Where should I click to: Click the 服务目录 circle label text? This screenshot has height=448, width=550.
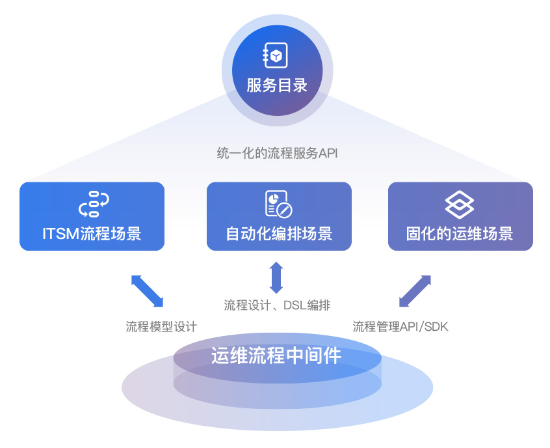click(x=276, y=85)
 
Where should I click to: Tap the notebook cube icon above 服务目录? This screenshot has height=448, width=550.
click(x=276, y=57)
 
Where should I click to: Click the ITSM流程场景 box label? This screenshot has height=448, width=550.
click(x=92, y=233)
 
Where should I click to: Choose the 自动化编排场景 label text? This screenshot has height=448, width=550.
click(x=279, y=233)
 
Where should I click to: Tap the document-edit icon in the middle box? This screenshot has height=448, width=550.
click(x=279, y=204)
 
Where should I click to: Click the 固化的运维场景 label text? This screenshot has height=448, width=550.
click(x=460, y=233)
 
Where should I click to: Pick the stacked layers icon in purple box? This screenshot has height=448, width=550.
click(x=460, y=204)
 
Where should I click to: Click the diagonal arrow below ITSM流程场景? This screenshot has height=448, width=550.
click(x=148, y=290)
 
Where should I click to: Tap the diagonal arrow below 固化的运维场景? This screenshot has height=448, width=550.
click(x=415, y=290)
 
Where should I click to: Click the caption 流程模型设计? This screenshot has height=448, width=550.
click(x=161, y=326)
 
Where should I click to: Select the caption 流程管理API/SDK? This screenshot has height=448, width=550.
click(x=400, y=326)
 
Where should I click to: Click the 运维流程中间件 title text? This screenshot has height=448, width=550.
click(x=276, y=356)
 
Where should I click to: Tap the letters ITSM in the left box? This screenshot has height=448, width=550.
click(x=60, y=233)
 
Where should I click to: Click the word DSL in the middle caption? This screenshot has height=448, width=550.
click(x=295, y=305)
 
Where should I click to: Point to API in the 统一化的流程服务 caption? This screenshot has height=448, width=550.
click(x=328, y=154)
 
